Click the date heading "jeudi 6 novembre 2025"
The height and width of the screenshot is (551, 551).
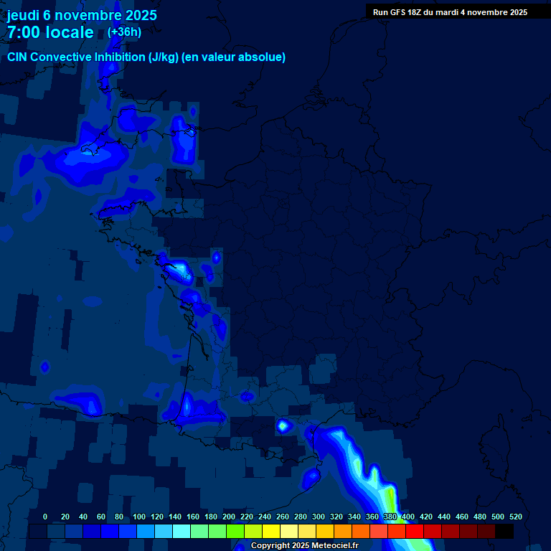pyautogui.click(x=82, y=15)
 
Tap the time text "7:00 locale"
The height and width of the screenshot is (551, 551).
pyautogui.click(x=50, y=32)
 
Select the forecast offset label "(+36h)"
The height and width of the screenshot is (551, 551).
pyautogui.click(x=124, y=32)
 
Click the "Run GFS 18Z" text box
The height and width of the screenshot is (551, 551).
pyautogui.click(x=450, y=12)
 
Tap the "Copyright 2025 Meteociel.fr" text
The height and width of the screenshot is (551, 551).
pyautogui.click(x=304, y=546)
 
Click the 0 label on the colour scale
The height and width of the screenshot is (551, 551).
pyautogui.click(x=45, y=517)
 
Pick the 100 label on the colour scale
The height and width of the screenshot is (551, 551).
pyautogui.click(x=139, y=517)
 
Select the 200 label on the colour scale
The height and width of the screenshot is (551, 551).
pyautogui.click(x=229, y=517)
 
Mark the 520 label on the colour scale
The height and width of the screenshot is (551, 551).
pyautogui.click(x=515, y=517)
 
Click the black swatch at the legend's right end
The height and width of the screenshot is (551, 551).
pyautogui.click(x=504, y=532)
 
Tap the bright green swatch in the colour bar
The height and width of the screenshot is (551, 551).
pyautogui.click(x=235, y=532)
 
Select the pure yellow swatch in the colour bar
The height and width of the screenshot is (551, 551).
pyautogui.click(x=271, y=532)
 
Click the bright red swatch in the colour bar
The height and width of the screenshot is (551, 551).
pyautogui.click(x=415, y=532)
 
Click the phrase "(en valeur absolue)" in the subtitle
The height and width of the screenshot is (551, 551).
pyautogui.click(x=234, y=57)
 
